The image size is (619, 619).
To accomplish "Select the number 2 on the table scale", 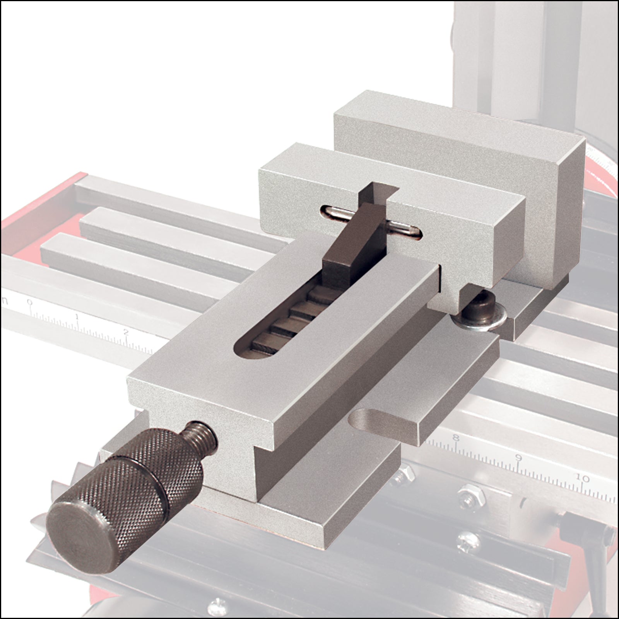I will pos(126,332).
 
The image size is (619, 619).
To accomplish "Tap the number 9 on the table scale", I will pos(519,458).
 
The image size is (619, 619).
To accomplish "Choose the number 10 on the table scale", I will pos(582,479).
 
